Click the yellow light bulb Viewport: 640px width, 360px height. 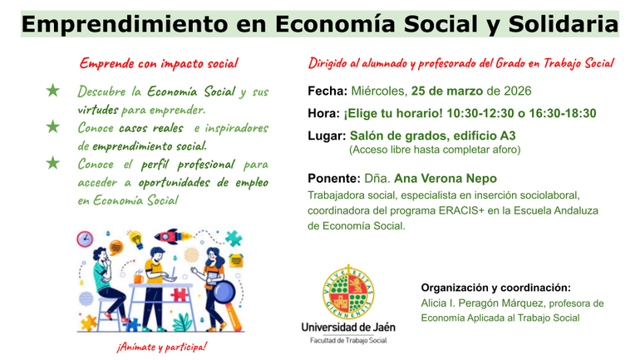pyautogui.click(x=135, y=240)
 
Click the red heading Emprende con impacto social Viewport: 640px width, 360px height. pyautogui.click(x=159, y=63)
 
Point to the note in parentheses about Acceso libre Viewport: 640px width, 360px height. pyautogui.click(x=434, y=150)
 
